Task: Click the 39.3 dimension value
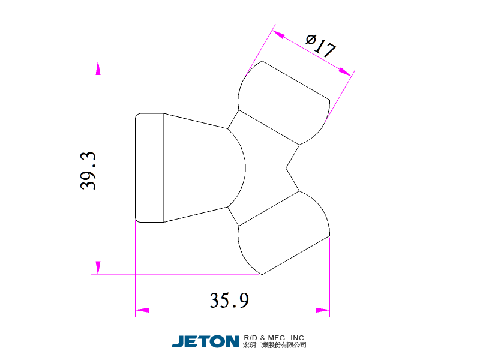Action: coord(88,170)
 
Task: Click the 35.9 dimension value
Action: coord(229,300)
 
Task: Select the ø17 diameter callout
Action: coord(320,46)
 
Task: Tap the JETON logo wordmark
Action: coord(205,341)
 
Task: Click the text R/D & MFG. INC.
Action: coord(275,338)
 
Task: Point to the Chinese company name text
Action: coord(275,345)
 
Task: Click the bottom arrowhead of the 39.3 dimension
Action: coord(98,268)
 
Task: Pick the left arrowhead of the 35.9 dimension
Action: coord(142,310)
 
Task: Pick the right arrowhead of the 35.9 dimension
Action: coord(323,310)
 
